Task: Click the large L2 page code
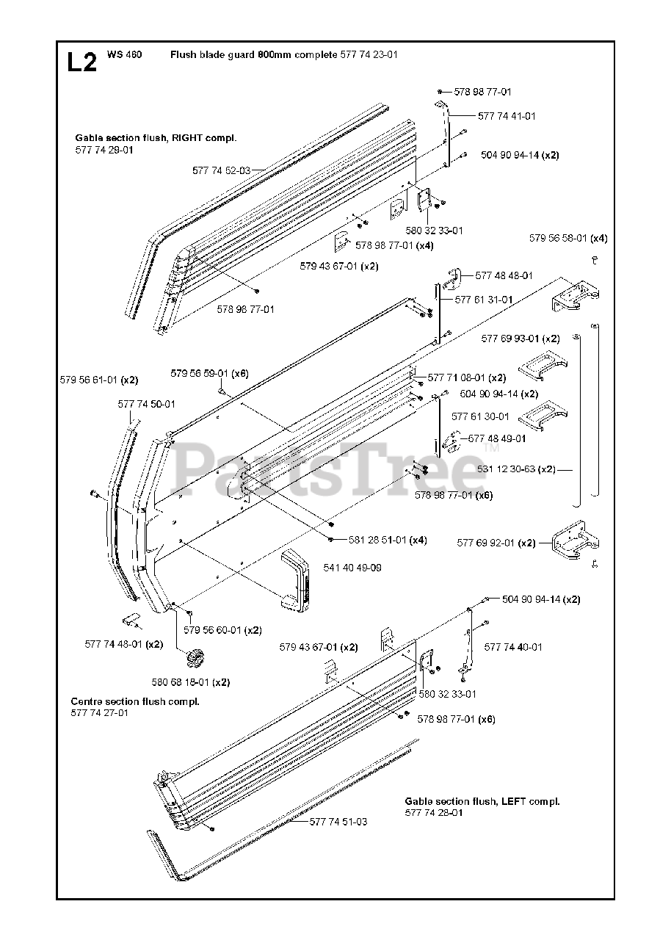tap(81, 62)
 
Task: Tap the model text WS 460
tap(124, 55)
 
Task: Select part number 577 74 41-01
tap(507, 116)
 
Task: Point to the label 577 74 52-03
tap(221, 170)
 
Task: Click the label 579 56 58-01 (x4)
tap(568, 238)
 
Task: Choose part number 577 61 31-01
tap(484, 300)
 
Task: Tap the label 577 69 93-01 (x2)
tap(521, 339)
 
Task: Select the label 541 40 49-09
tap(352, 568)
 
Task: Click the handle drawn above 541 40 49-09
tap(297, 579)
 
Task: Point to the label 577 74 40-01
tap(513, 647)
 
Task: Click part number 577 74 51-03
tap(338, 822)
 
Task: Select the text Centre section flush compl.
tap(135, 701)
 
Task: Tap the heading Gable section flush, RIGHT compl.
tap(156, 138)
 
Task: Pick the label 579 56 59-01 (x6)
tap(209, 373)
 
